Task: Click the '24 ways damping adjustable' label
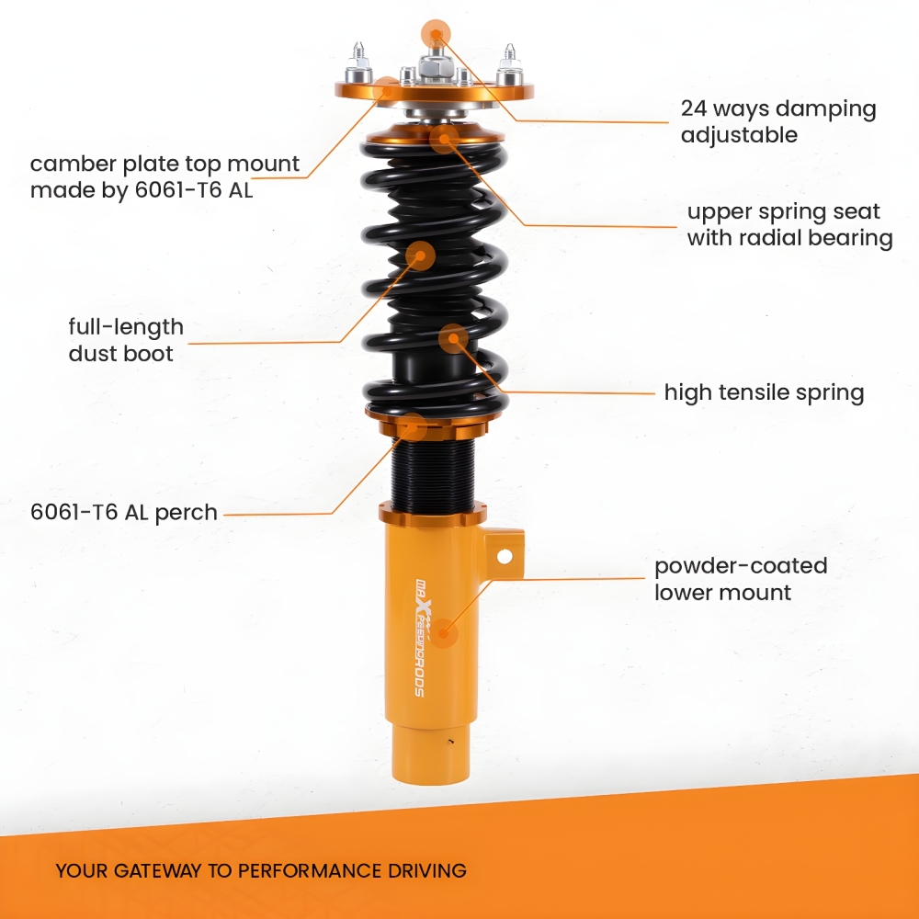coord(778,121)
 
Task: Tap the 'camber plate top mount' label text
coord(165,165)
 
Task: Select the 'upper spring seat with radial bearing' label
coord(789,224)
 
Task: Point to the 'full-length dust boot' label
coord(126,340)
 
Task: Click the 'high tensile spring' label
coord(764,392)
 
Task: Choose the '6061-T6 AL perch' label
coord(124,512)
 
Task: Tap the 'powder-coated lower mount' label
coord(741,579)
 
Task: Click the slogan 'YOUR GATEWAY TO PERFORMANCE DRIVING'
coord(261,871)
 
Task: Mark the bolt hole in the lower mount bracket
coord(504,556)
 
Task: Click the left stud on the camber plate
coord(358,63)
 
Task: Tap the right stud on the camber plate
coord(509,64)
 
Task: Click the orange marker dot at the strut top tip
coord(436,34)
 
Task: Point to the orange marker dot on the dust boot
coord(420,255)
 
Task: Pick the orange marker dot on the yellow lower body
coord(444,633)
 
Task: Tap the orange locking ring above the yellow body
coord(433,514)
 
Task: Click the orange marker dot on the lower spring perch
coord(414,426)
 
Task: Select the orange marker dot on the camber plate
coord(388,91)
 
